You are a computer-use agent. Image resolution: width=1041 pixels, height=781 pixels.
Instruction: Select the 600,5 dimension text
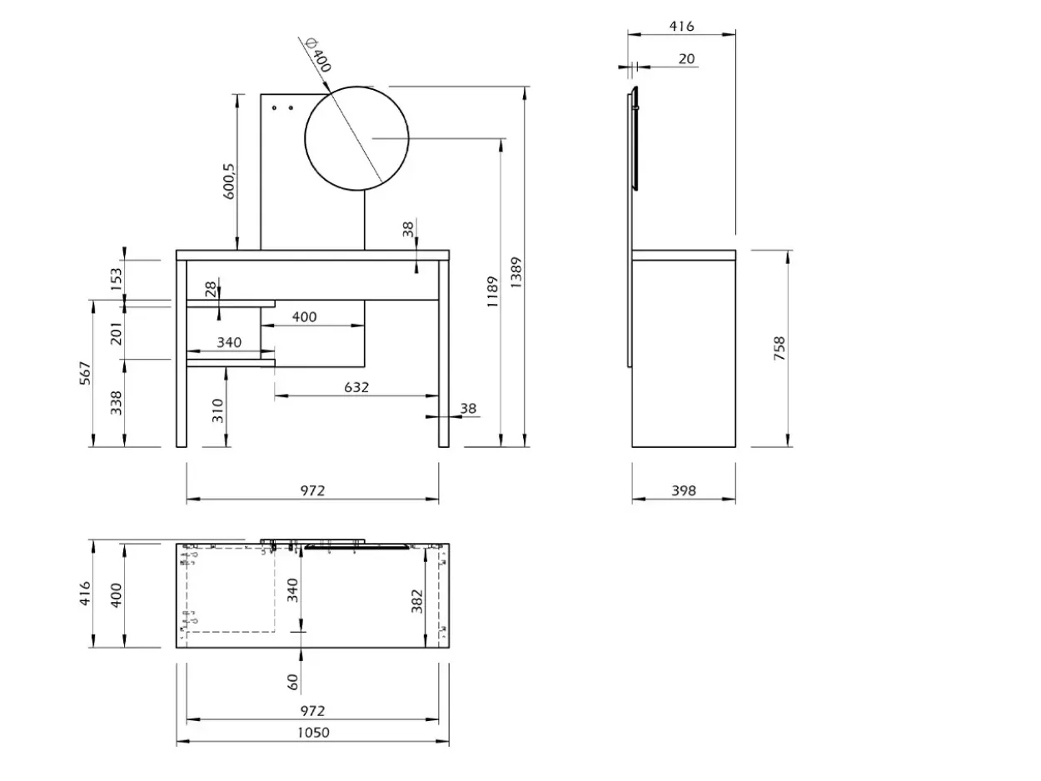tap(228, 182)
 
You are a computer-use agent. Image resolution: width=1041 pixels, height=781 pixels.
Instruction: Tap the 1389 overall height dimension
tap(516, 272)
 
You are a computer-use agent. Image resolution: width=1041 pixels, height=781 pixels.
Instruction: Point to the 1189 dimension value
tap(493, 291)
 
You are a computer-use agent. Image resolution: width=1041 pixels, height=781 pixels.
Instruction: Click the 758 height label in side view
tap(780, 349)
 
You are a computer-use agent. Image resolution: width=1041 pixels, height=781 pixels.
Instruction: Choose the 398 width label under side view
tap(684, 490)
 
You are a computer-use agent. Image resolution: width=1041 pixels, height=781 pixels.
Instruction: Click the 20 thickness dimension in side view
tap(686, 59)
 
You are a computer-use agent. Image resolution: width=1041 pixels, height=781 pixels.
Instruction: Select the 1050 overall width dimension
tap(313, 733)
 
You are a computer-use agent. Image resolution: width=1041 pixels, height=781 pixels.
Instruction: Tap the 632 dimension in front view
tap(356, 387)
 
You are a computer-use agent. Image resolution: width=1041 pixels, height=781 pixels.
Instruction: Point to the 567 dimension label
tap(85, 373)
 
